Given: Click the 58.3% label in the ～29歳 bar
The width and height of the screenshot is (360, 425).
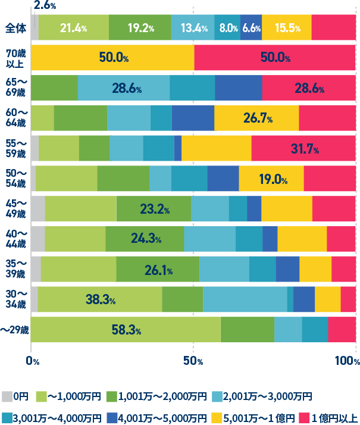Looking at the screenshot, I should [126, 330].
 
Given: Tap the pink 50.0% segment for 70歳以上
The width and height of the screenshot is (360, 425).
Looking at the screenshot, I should [276, 58].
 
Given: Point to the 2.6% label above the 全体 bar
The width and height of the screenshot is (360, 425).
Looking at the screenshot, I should [45, 5].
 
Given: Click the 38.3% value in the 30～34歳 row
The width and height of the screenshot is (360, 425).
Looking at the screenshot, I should [101, 299].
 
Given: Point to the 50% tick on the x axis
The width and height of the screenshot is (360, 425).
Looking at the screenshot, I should [193, 361].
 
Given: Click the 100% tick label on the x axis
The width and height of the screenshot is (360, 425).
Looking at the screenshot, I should [346, 361].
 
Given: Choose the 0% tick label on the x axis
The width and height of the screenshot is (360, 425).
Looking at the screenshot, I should [33, 361].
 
